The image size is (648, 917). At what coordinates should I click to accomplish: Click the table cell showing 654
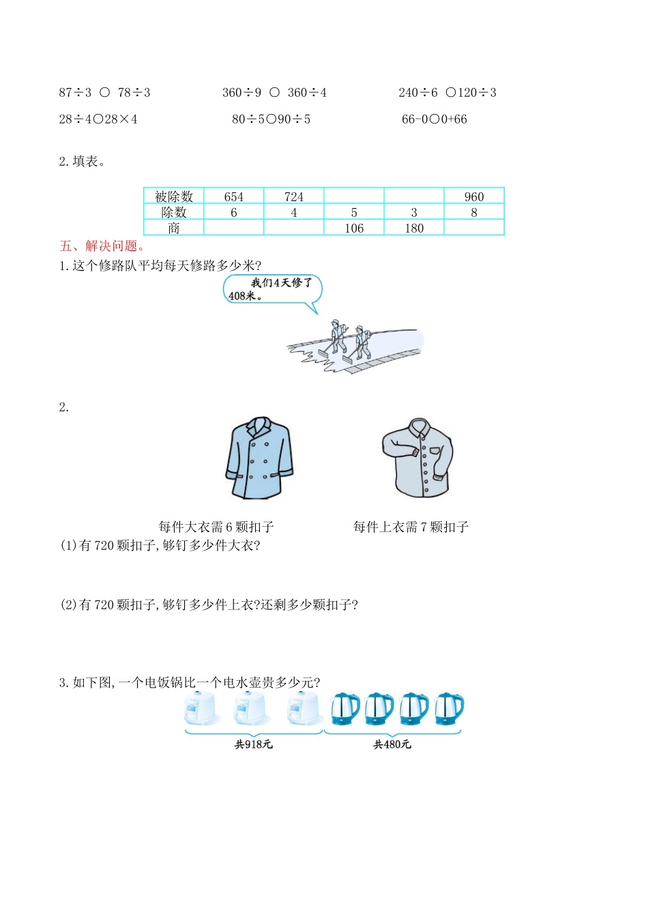pyautogui.click(x=233, y=196)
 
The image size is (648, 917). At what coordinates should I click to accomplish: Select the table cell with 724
pyautogui.click(x=293, y=196)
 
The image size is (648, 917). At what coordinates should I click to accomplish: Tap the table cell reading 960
pyautogui.click(x=473, y=196)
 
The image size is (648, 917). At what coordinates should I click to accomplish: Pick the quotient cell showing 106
pyautogui.click(x=353, y=228)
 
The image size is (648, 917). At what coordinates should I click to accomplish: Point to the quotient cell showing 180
pyautogui.click(x=413, y=228)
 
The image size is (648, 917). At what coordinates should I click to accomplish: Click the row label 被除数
pyautogui.click(x=174, y=196)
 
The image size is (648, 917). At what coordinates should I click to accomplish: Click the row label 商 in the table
pyautogui.click(x=174, y=228)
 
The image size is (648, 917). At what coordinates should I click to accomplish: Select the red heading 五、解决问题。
pyautogui.click(x=102, y=246)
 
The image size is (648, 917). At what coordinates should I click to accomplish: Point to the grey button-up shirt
pyautogui.click(x=417, y=458)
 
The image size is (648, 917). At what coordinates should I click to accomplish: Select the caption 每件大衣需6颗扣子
pyautogui.click(x=216, y=527)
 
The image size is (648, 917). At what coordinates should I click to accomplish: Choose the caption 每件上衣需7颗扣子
pyautogui.click(x=411, y=527)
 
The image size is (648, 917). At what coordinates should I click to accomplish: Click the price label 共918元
pyautogui.click(x=253, y=744)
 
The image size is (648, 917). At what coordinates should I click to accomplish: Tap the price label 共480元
pyautogui.click(x=392, y=744)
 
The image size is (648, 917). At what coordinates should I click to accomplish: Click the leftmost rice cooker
pyautogui.click(x=201, y=709)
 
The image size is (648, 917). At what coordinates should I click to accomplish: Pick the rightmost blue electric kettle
pyautogui.click(x=449, y=709)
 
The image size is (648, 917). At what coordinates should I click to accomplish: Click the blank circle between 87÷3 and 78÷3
pyautogui.click(x=104, y=92)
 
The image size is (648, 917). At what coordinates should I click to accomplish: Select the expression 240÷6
pyautogui.click(x=417, y=93)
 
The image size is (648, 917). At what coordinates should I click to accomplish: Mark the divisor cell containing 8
pyautogui.click(x=473, y=212)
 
